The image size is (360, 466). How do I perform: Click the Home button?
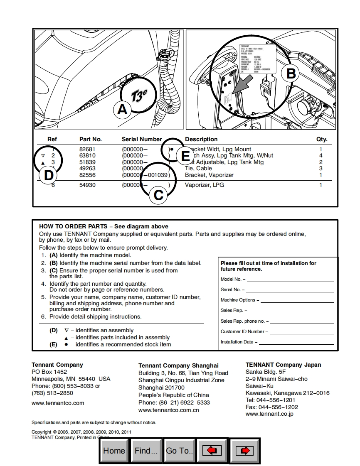tap(114, 451)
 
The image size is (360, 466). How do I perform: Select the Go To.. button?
tap(180, 451)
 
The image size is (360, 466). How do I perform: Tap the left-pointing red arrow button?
tap(212, 451)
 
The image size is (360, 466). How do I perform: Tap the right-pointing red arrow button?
tap(245, 451)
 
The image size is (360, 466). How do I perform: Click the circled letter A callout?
tap(122, 109)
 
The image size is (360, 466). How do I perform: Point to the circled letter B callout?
tap(291, 74)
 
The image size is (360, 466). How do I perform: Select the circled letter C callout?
tap(158, 195)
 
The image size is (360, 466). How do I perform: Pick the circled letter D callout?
tap(49, 175)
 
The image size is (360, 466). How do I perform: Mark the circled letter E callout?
tap(185, 156)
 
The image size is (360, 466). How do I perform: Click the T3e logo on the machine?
tap(138, 96)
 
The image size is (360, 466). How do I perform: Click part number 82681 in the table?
tap(87, 149)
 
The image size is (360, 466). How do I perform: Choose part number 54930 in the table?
tap(87, 185)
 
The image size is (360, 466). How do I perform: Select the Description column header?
tap(201, 139)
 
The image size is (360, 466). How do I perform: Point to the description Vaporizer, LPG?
tap(204, 185)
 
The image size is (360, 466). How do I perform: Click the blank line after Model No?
tap(290, 280)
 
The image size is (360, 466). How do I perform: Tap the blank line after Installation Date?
tap(296, 343)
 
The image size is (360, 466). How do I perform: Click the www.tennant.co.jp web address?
tap(270, 414)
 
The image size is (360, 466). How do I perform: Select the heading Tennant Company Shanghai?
tap(178, 365)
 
